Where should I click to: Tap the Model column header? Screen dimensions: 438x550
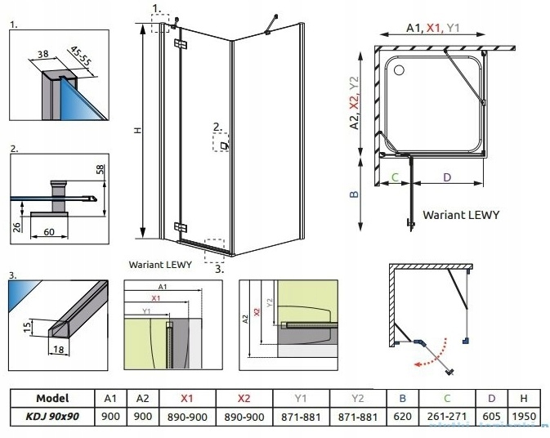coord(52,398)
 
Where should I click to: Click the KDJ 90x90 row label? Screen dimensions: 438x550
coord(53,415)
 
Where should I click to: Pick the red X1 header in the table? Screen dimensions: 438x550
coord(186,398)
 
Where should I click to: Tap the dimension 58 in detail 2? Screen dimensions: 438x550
coord(101,171)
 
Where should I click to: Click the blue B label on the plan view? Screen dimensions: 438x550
coord(353,194)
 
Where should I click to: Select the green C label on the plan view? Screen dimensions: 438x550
coord(394,177)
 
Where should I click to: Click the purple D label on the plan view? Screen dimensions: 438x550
coord(446,177)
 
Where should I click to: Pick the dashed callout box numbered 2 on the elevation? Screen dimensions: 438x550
coord(221,143)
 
